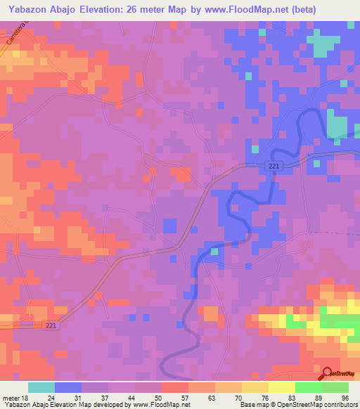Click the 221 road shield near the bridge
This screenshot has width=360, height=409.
pos(274,165)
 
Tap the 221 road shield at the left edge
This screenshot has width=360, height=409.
pos(46,325)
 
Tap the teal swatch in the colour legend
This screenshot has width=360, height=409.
pos(41,387)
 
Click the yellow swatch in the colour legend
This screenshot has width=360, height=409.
pos(282,387)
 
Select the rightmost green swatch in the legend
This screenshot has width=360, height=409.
pos(335,387)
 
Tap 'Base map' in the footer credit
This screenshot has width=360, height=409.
pos(255,404)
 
